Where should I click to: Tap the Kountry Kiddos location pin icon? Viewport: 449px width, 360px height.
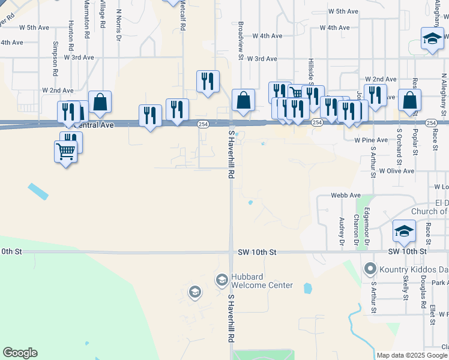tap(370, 268)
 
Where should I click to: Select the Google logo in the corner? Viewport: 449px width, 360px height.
tap(20, 353)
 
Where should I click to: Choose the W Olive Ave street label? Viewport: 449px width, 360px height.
tap(396, 171)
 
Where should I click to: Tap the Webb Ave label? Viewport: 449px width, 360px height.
tap(346, 196)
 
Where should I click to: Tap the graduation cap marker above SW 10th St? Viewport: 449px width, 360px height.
tap(405, 231)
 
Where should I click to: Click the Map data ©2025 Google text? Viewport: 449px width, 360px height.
tap(412, 355)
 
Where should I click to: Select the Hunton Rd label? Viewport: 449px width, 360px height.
tap(71, 35)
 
